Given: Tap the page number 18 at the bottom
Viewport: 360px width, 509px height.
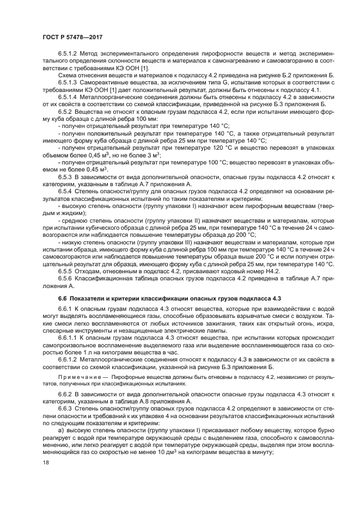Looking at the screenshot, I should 45,462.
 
